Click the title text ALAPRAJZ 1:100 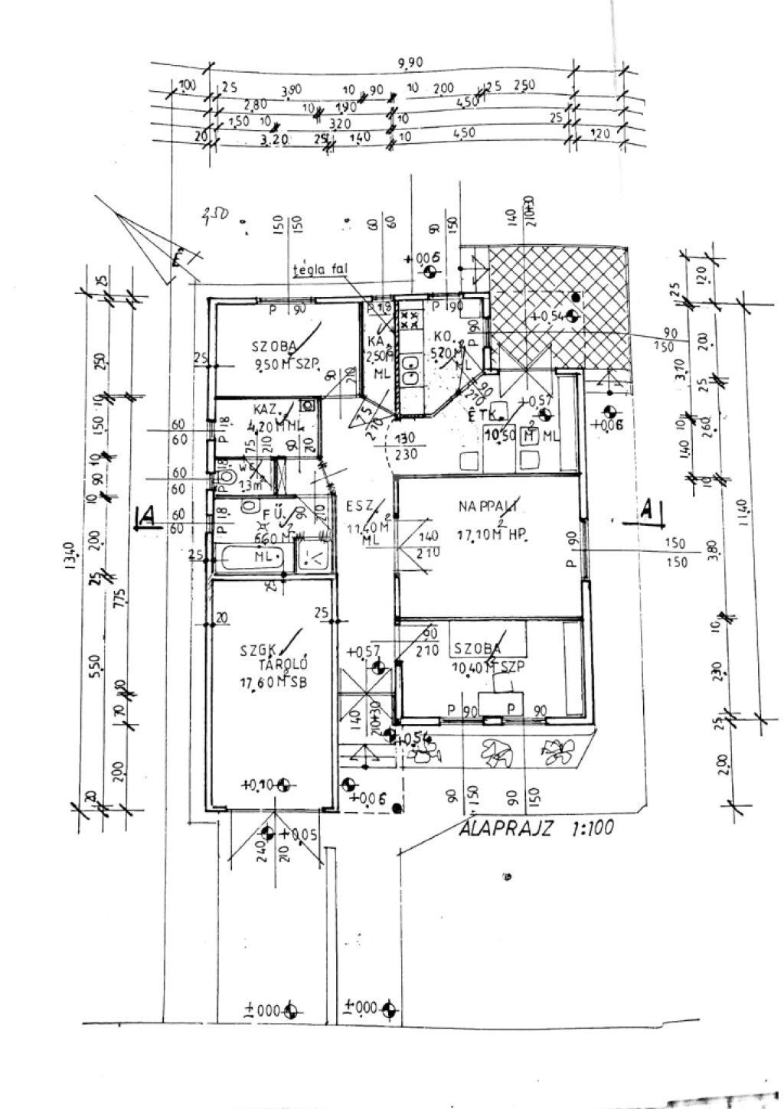535,829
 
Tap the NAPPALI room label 489,506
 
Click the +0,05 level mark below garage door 299,833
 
